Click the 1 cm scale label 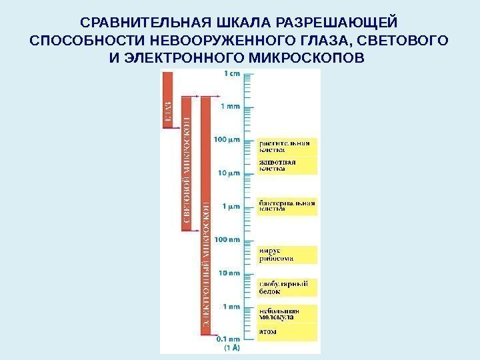[232, 74]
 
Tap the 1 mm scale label [231, 105]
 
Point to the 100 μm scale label [227, 139]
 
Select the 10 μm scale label [229, 173]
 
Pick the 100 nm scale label [227, 239]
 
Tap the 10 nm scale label [229, 273]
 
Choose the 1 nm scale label [231, 307]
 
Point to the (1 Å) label [231, 347]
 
